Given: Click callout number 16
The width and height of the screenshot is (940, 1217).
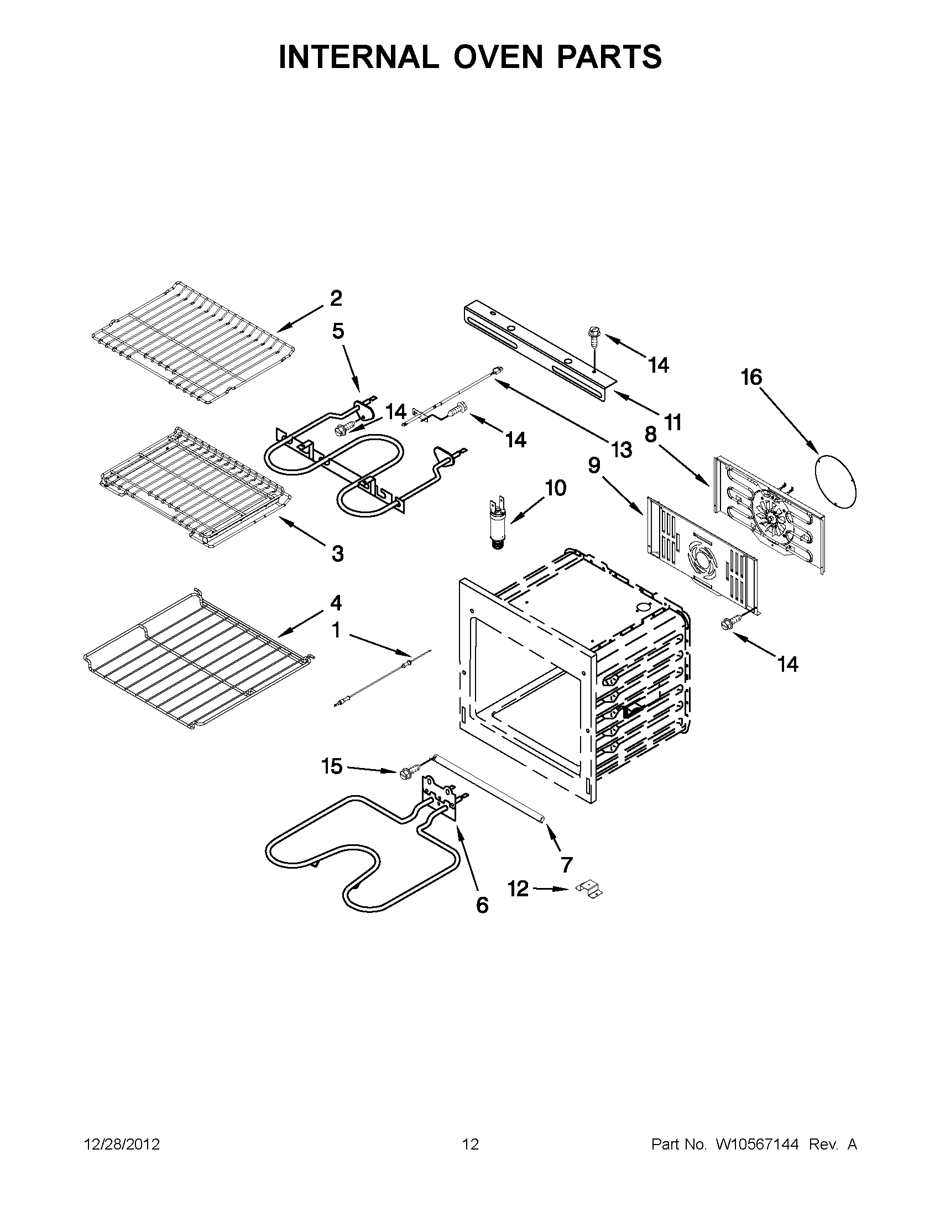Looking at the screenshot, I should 750,377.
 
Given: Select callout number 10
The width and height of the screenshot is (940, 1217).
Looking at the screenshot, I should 555,488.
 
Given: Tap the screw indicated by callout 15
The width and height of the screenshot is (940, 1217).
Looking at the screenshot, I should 405,773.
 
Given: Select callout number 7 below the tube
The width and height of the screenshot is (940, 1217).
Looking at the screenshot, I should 566,864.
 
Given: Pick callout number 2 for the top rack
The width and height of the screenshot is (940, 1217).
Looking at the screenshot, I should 336,298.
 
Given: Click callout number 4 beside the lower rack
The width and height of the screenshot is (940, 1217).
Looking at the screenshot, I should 336,602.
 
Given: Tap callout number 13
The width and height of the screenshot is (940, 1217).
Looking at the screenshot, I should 622,448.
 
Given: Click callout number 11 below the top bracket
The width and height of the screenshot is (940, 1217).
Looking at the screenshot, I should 673,422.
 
